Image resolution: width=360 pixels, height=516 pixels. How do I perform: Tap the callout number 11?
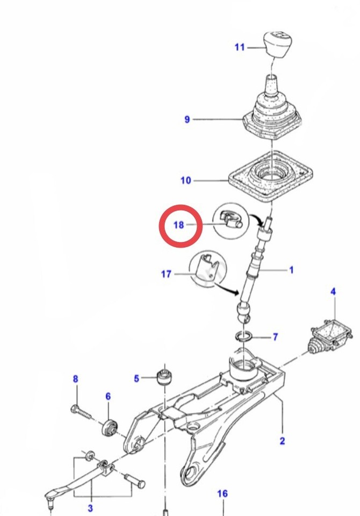pyautogui.click(x=239, y=47)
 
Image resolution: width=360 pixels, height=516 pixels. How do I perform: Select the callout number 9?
pyautogui.click(x=187, y=119)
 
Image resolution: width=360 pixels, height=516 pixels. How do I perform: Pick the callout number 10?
pyautogui.click(x=185, y=181)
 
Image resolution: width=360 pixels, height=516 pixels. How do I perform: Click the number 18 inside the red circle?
pyautogui.click(x=178, y=225)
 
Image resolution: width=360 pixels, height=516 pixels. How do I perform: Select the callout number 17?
pyautogui.click(x=166, y=274)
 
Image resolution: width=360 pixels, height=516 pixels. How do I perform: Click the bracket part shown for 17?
pyautogui.click(x=207, y=268)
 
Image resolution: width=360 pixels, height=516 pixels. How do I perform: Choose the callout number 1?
pyautogui.click(x=291, y=270)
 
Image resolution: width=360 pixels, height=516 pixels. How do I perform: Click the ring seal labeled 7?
pyautogui.click(x=244, y=337)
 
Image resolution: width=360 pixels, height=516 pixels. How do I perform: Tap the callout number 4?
pyautogui.click(x=333, y=292)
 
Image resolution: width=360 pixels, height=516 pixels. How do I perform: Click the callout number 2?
pyautogui.click(x=282, y=441)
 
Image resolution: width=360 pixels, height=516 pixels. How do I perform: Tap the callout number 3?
pyautogui.click(x=90, y=508)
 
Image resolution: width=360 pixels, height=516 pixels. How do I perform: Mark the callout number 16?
pyautogui.click(x=222, y=493)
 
